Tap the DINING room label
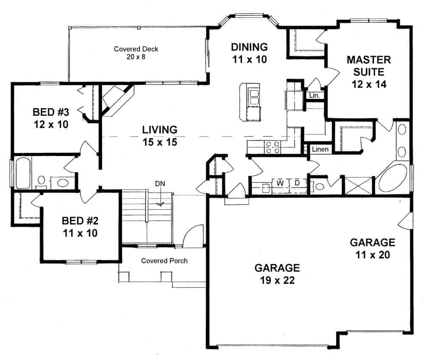(x=249, y=53)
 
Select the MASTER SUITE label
(x=368, y=71)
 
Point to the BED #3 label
(x=50, y=118)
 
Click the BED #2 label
(x=80, y=226)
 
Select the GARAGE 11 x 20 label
(x=372, y=248)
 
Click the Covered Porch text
(x=164, y=260)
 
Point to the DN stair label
(x=160, y=184)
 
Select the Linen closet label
(x=320, y=150)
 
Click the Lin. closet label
(x=314, y=96)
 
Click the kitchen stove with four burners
(x=272, y=147)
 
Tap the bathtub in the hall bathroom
(x=22, y=173)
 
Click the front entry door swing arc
(x=194, y=235)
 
